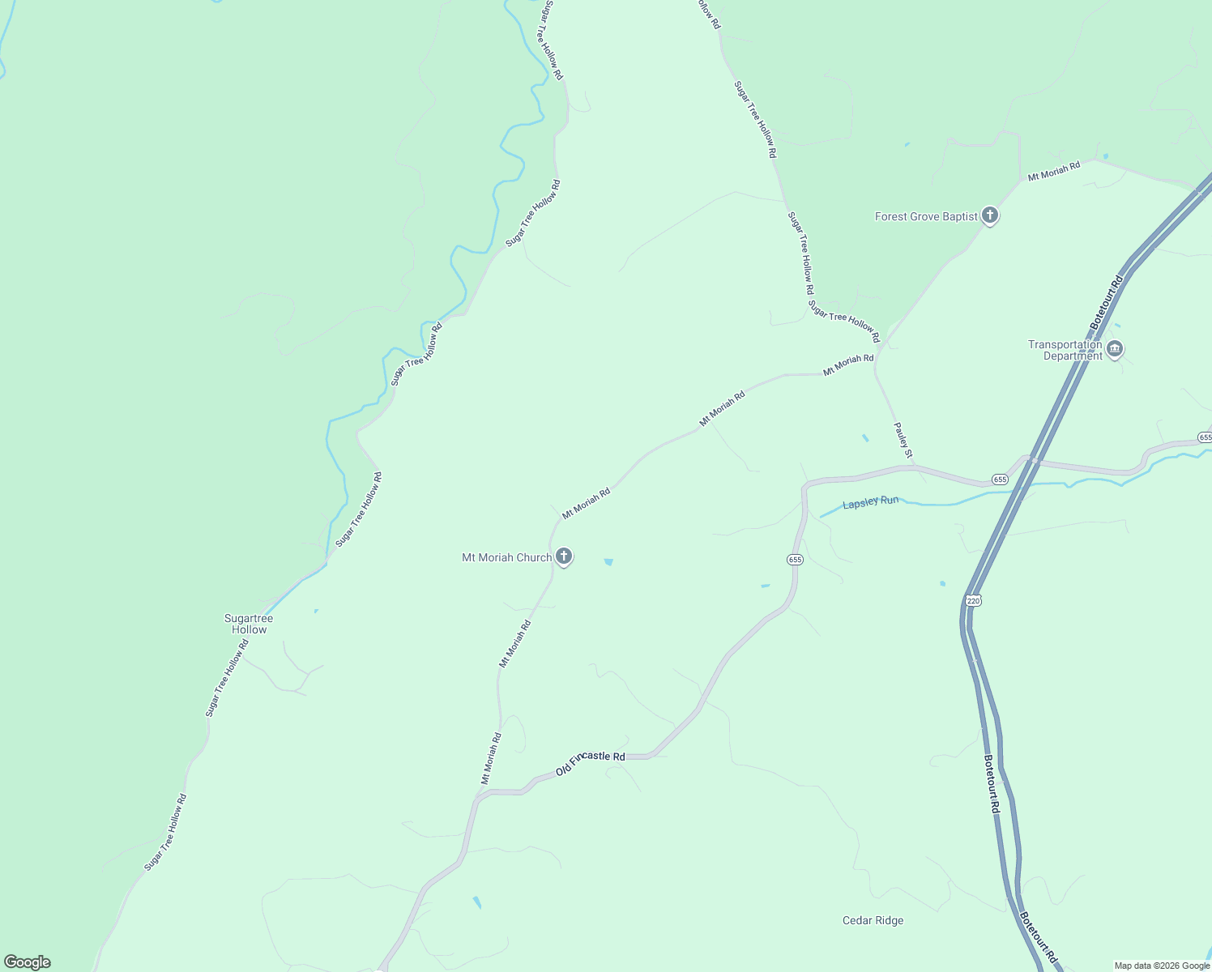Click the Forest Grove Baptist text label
coord(926,216)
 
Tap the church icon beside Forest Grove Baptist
coord(989,215)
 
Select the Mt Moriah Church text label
coord(506,557)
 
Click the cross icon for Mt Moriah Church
coord(564,556)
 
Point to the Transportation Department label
coord(1065,350)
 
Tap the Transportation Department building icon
coord(1115,349)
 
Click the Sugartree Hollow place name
coord(249,624)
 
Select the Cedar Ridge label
coord(873,920)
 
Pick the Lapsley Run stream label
coord(870,502)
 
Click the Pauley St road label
coord(903,439)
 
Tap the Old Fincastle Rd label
coord(591,763)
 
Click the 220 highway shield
coord(973,600)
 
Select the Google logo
coord(28,962)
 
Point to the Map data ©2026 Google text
coord(1161,966)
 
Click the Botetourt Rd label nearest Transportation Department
coord(1107,302)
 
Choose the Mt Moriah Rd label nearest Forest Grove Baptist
coord(1053,171)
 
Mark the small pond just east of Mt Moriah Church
coord(608,561)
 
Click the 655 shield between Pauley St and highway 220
coord(1000,480)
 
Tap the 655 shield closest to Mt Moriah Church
coord(794,560)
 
